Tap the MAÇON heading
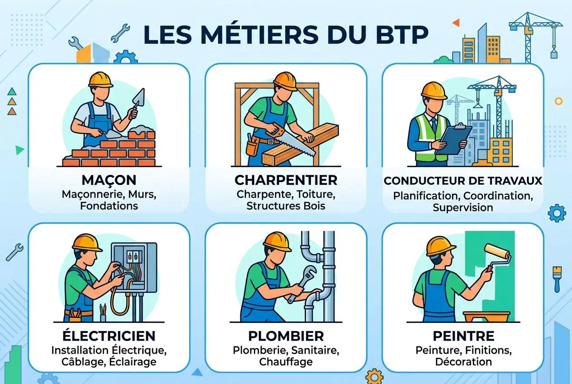109,180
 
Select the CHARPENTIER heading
286,180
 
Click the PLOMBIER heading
286,336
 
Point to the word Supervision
462,208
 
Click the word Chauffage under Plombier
286,362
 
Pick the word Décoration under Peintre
463,362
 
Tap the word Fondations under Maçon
109,206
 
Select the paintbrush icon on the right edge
557,278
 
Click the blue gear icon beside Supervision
556,213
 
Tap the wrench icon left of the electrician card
14,252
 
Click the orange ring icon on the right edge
558,101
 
